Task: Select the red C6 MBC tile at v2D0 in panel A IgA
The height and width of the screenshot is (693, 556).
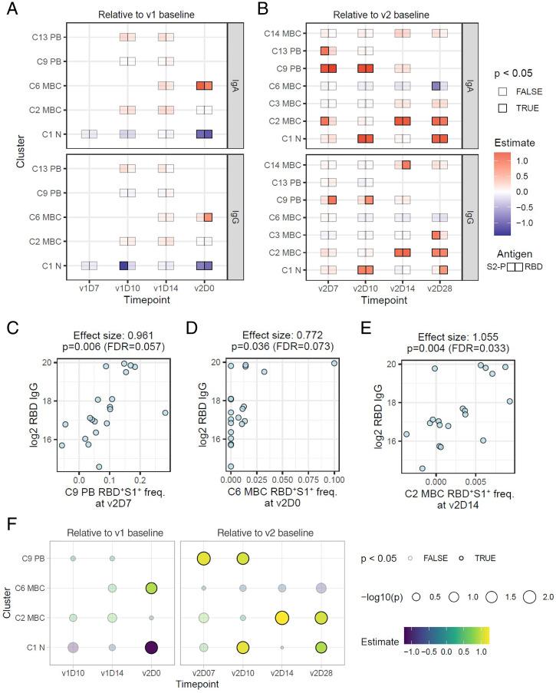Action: [204, 86]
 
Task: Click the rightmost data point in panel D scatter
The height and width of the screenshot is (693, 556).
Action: [334, 363]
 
